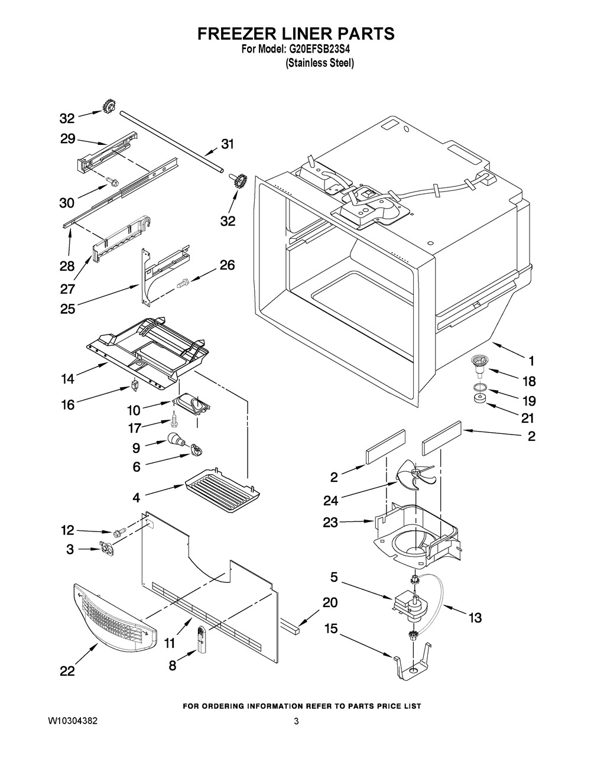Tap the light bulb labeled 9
coord(175,439)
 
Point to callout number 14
coord(68,379)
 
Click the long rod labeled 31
coord(171,142)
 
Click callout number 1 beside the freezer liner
coord(531,361)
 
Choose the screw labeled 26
coord(183,281)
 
